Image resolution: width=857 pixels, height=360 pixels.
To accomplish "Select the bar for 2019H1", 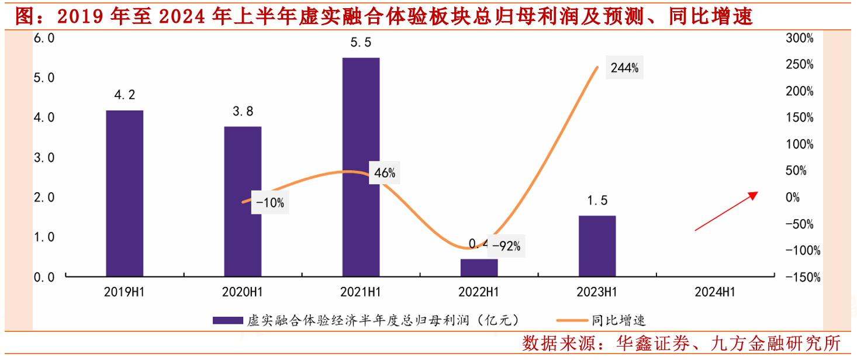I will [125, 193].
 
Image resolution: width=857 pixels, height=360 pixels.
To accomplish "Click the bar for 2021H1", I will [361, 167].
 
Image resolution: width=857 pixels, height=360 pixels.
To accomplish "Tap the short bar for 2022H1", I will [479, 267].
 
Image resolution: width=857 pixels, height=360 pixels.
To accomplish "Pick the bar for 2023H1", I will [597, 245].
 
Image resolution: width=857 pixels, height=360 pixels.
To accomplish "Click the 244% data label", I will [624, 68].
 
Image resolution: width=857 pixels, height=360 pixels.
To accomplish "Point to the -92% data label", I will [506, 246].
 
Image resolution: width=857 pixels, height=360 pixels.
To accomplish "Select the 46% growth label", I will [385, 173].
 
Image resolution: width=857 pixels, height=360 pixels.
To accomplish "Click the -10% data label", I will [269, 203].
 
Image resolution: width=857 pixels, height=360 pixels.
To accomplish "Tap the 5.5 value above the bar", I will [361, 43].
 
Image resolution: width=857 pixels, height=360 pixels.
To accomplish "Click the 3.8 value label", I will [243, 112].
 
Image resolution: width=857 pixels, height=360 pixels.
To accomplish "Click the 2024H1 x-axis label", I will [714, 292].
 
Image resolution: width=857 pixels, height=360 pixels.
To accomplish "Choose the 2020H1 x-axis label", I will [243, 292].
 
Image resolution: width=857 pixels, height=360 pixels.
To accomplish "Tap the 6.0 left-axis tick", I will [44, 38].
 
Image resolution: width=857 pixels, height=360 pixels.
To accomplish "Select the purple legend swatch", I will [227, 320].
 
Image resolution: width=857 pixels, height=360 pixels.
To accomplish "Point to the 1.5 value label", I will [597, 201].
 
